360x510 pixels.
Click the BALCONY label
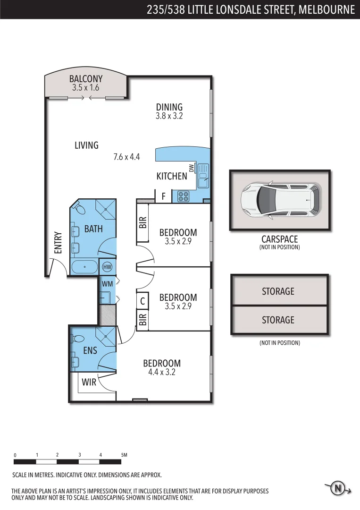[86, 79]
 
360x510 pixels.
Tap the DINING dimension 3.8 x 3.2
[169, 116]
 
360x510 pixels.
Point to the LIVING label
[86, 145]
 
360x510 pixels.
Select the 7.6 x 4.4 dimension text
[126, 157]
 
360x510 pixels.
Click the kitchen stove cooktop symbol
[183, 196]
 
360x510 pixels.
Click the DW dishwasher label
[192, 168]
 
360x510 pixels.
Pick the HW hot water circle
[107, 267]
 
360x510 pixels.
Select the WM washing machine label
[108, 284]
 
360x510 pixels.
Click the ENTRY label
[58, 242]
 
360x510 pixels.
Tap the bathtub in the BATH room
[84, 267]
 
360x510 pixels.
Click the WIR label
[89, 382]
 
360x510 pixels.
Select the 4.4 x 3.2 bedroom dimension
[162, 372]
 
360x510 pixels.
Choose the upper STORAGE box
[278, 291]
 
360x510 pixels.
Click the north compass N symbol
[338, 489]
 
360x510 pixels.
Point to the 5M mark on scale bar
[124, 455]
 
